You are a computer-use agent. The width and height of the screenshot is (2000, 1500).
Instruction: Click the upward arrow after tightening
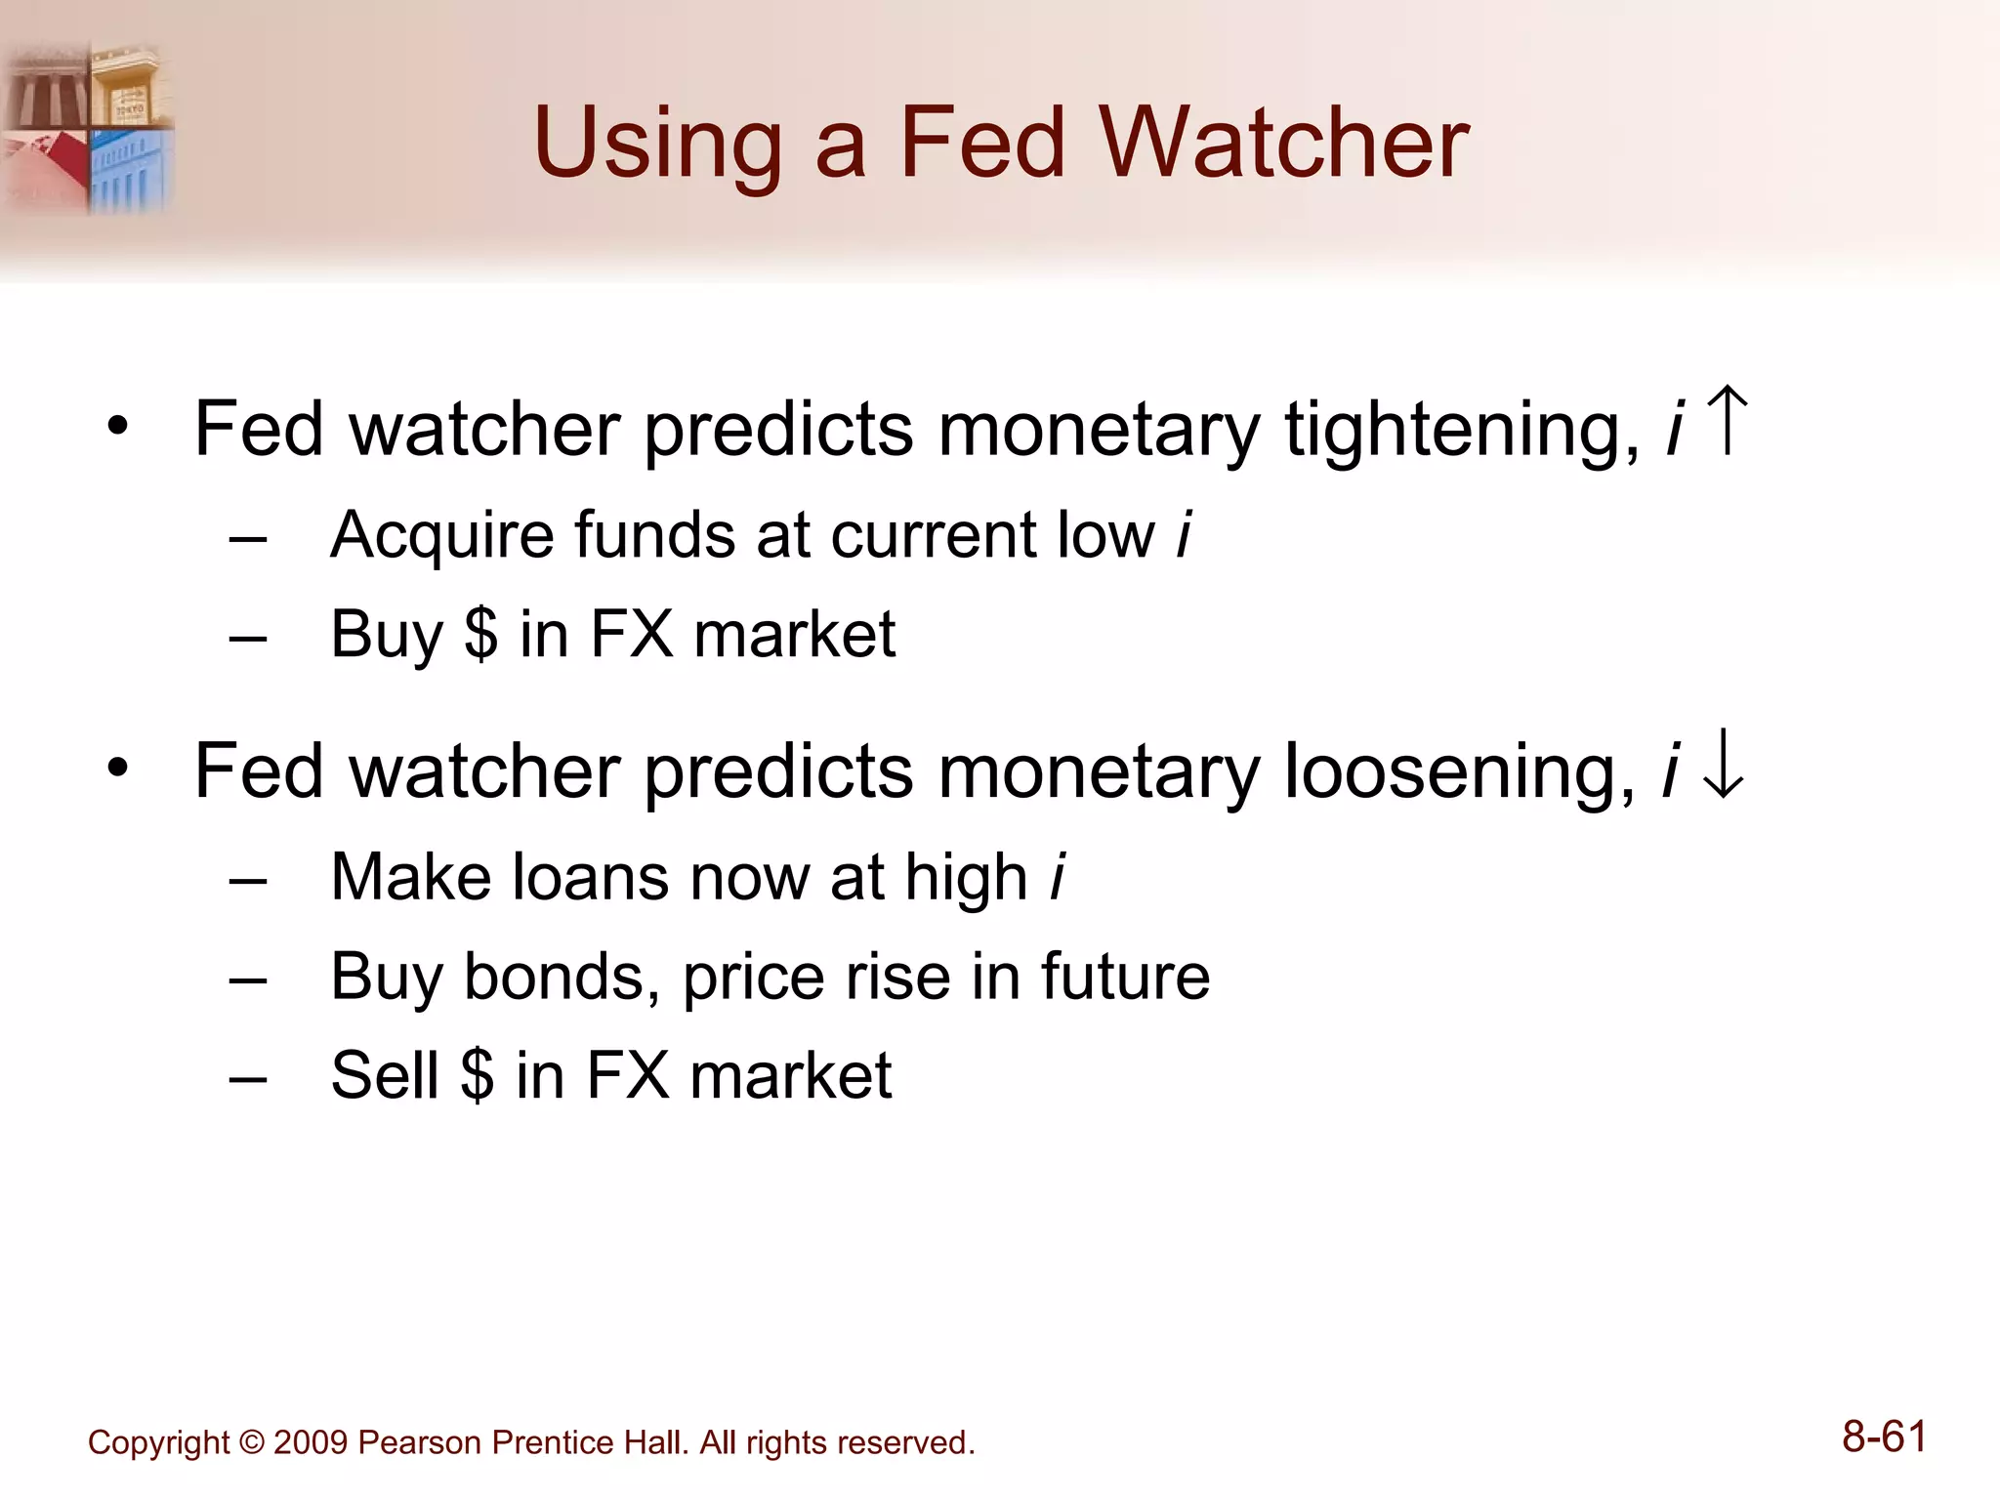[x=1729, y=421]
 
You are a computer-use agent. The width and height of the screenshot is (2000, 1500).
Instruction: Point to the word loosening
[x=1459, y=771]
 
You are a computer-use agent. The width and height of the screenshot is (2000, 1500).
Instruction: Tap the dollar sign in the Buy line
[x=480, y=634]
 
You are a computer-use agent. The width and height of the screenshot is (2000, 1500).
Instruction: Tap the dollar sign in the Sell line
[x=477, y=1074]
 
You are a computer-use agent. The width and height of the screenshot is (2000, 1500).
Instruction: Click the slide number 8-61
[x=1884, y=1437]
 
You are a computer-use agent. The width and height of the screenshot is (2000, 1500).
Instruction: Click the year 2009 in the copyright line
[x=311, y=1442]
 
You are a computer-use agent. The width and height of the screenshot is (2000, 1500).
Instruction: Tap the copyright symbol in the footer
[x=252, y=1442]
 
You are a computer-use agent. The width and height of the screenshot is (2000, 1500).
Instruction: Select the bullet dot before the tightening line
[x=118, y=426]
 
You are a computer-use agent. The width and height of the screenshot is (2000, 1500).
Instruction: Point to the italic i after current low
[x=1184, y=535]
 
